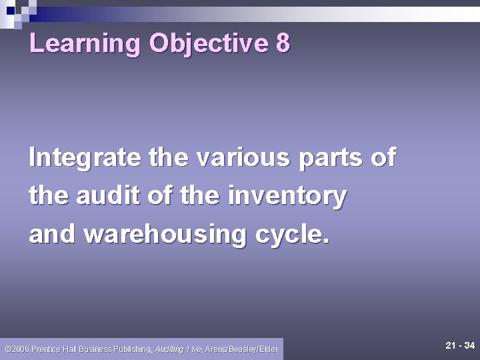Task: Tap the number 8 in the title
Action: [x=283, y=44]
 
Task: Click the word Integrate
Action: [x=85, y=158]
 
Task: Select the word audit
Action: [x=112, y=196]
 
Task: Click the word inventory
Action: [x=287, y=197]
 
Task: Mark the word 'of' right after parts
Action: [x=383, y=158]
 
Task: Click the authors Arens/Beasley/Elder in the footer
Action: [x=242, y=349]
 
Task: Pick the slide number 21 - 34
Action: [x=459, y=345]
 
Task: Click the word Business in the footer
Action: [x=96, y=349]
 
